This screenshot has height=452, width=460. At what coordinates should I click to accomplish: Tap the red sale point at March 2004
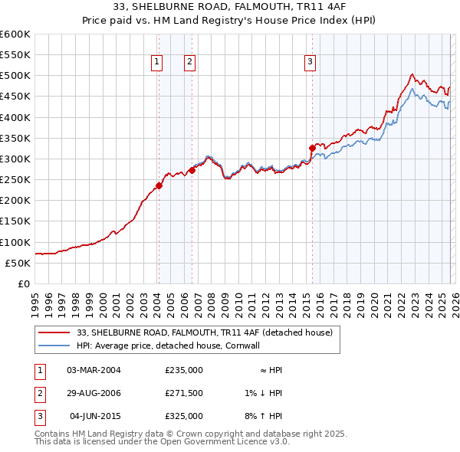159,185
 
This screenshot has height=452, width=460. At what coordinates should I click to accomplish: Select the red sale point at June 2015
312,148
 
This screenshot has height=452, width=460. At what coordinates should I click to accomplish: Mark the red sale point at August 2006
192,170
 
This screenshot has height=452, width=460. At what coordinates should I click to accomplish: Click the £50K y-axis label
18,263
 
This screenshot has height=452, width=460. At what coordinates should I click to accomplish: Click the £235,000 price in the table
184,370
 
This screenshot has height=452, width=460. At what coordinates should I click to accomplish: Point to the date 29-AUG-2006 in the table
94,393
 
